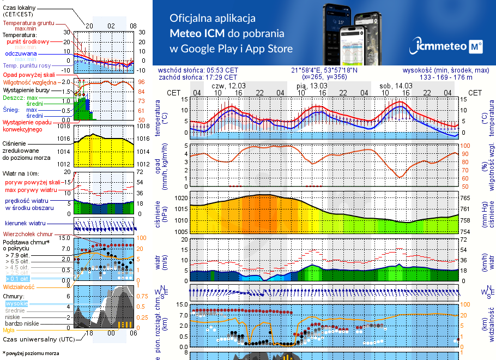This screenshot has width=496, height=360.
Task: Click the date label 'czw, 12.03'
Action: (229, 86)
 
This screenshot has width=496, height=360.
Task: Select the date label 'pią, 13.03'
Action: (312, 86)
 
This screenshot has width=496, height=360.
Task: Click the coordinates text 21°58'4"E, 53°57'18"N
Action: (324, 70)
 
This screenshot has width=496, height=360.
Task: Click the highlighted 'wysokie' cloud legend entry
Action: (16, 303)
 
